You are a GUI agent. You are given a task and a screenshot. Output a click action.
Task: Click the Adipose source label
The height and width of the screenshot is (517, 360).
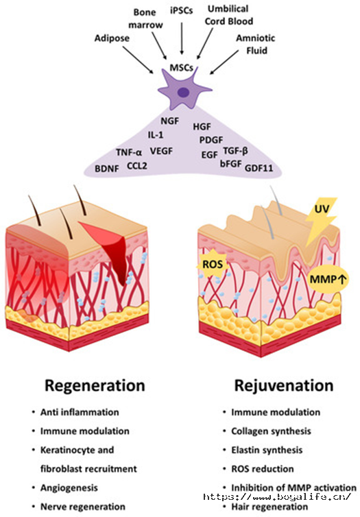pyautogui.click(x=112, y=38)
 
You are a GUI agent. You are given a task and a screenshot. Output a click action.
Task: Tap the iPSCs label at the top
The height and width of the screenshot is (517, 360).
pyautogui.click(x=181, y=10)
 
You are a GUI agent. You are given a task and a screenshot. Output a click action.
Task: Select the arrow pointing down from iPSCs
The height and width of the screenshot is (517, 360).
pyautogui.click(x=182, y=37)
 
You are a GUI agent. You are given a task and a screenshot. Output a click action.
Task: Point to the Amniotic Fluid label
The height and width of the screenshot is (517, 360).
pyautogui.click(x=256, y=44)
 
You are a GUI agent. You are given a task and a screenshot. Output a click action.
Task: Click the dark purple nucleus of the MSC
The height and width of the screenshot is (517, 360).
pyautogui.click(x=184, y=93)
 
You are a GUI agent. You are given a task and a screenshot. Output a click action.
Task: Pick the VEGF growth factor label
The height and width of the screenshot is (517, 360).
pyautogui.click(x=161, y=151)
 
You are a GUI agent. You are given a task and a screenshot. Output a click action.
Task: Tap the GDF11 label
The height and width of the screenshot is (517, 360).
pyautogui.click(x=259, y=168)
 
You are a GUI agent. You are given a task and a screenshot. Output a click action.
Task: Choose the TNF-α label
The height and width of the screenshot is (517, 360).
pyautogui.click(x=129, y=152)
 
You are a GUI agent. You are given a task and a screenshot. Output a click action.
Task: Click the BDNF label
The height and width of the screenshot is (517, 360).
pyautogui.click(x=107, y=169)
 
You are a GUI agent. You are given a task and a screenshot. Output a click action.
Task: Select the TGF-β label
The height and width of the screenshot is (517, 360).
pyautogui.click(x=235, y=151)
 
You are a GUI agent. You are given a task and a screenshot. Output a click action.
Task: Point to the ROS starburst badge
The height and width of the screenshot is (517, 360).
pyautogui.click(x=213, y=264)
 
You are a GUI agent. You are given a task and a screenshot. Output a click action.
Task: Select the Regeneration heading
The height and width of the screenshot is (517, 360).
pyautogui.click(x=95, y=385)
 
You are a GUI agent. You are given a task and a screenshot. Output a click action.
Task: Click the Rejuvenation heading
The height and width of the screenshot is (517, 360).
pyautogui.click(x=284, y=385)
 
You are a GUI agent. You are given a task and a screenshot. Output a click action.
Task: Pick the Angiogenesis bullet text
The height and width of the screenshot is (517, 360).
pyautogui.click(x=69, y=488)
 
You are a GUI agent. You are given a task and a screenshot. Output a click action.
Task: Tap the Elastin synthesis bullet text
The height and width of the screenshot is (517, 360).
pyautogui.click(x=267, y=450)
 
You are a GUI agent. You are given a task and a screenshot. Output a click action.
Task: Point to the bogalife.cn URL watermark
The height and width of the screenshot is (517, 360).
pyautogui.click(x=277, y=496)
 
